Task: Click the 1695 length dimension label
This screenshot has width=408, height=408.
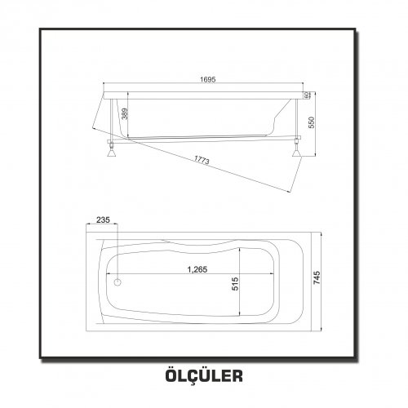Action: [208, 79]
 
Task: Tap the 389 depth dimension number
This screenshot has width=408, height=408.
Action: [124, 114]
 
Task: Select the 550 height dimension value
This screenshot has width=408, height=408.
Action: [312, 122]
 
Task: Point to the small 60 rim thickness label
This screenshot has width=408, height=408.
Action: [306, 95]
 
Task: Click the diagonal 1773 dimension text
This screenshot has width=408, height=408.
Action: [202, 160]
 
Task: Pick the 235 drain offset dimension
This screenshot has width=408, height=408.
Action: [103, 220]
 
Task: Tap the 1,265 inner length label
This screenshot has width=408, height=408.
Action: [197, 269]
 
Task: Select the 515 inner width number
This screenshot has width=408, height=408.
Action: [235, 284]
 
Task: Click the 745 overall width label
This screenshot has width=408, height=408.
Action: [317, 277]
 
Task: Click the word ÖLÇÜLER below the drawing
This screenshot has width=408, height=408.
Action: [204, 375]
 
